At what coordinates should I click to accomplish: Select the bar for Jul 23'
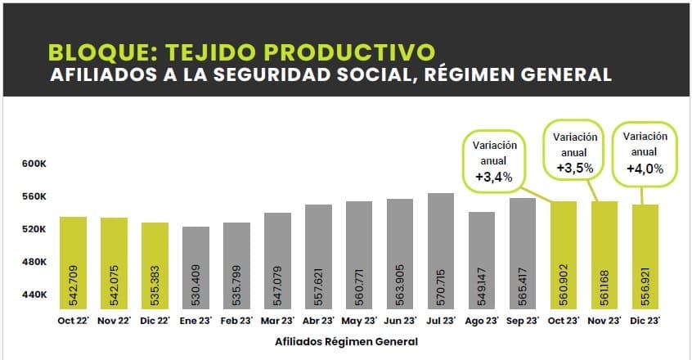coord(441,252)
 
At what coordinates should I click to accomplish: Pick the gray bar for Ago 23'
coord(482,260)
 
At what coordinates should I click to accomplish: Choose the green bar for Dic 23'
coord(645,255)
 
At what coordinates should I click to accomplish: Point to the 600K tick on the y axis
coord(35,164)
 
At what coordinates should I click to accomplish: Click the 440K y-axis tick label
coord(35,295)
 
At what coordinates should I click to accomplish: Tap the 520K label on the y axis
coord(35,229)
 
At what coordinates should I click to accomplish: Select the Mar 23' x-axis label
coord(277,321)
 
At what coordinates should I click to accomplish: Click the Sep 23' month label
coord(523,321)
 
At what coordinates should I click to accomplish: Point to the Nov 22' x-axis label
coord(114,321)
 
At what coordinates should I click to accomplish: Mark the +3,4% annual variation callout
coord(494,176)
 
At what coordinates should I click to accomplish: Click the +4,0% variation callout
coord(645,169)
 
